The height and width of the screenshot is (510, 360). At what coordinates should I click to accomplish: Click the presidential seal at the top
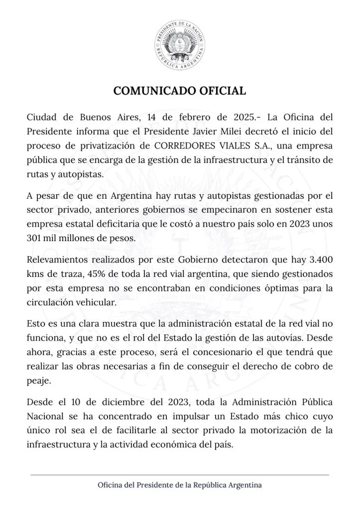[180, 46]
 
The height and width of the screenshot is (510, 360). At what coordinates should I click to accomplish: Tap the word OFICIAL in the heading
[221, 91]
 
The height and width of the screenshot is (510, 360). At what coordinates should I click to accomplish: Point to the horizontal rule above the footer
[180, 475]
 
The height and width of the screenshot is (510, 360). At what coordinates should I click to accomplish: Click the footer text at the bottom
[180, 485]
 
